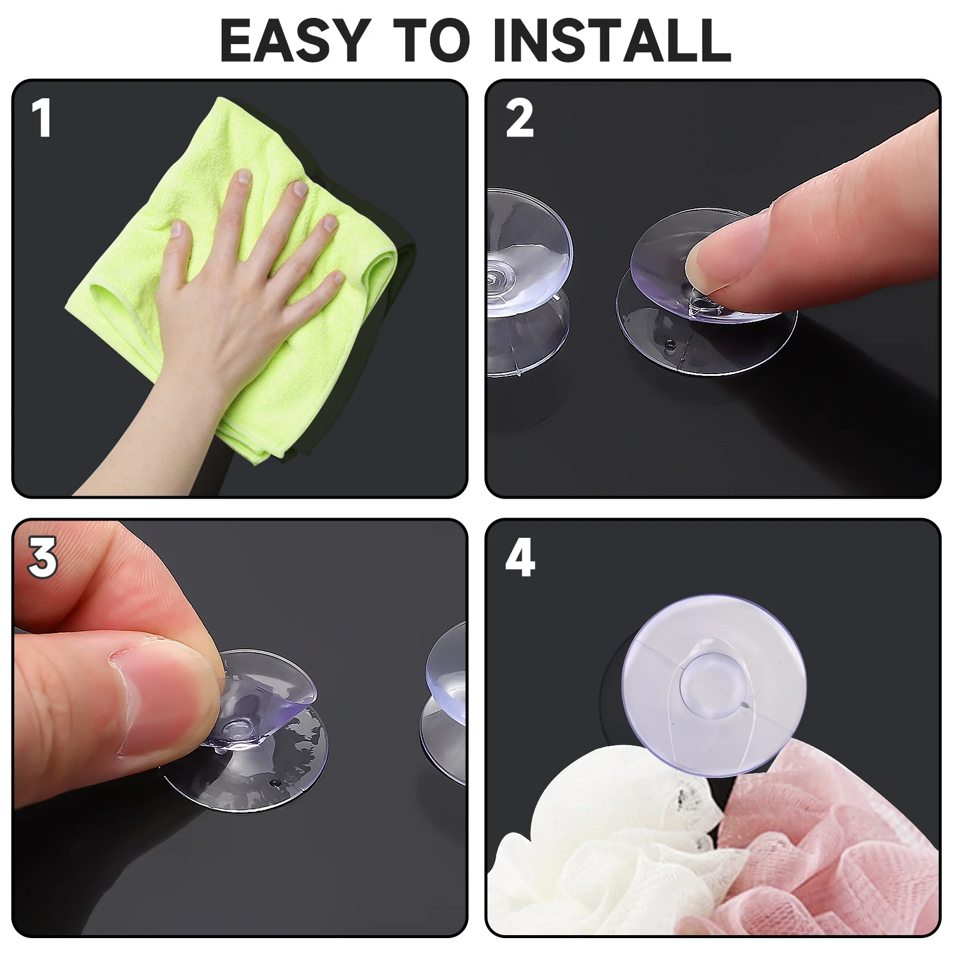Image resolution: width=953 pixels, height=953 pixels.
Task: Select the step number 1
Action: click(42, 119)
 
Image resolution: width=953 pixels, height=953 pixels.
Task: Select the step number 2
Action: click(519, 119)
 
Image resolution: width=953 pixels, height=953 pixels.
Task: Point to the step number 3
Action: click(42, 558)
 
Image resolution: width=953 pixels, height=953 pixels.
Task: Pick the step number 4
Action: click(519, 558)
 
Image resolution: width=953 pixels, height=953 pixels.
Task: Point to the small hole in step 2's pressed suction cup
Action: click(671, 344)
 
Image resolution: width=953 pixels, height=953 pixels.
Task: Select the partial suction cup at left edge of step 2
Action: click(524, 280)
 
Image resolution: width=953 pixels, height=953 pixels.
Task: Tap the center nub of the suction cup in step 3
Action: click(238, 728)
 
